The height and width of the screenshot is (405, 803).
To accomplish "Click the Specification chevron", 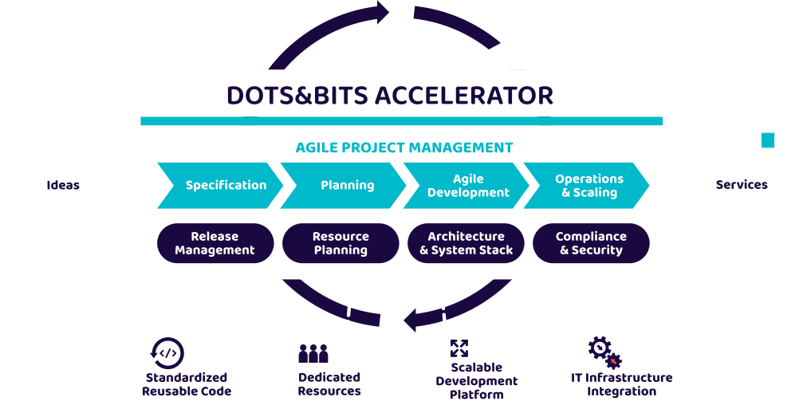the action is [220, 185].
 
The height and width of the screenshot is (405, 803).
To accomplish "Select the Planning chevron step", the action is [343, 185].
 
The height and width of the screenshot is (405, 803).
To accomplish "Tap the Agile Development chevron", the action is [466, 185].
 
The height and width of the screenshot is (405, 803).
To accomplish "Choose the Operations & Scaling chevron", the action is [586, 185].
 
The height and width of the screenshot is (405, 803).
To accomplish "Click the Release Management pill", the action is [215, 243].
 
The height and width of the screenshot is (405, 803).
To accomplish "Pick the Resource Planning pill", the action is [340, 243].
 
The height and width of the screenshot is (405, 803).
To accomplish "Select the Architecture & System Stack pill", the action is [466, 243].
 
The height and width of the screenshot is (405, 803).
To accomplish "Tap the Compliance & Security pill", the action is [591, 243].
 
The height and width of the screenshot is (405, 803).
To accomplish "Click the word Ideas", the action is [63, 185].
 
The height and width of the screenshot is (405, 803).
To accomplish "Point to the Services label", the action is [742, 185].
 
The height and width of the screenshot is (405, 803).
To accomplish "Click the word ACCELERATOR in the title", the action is [464, 96].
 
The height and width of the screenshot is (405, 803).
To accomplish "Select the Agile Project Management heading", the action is [404, 147].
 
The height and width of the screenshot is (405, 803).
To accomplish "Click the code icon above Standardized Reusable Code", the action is [167, 352].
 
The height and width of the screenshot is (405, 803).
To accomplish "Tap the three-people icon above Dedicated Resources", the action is [313, 353].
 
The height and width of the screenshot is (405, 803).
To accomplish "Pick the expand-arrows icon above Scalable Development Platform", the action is [459, 348].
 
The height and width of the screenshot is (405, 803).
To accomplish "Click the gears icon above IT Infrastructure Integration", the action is [604, 352].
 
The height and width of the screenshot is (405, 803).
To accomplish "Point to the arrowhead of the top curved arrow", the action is [383, 12].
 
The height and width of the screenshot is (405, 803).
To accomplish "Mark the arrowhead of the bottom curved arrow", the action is [410, 320].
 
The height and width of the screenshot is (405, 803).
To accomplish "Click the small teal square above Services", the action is [768, 140].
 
